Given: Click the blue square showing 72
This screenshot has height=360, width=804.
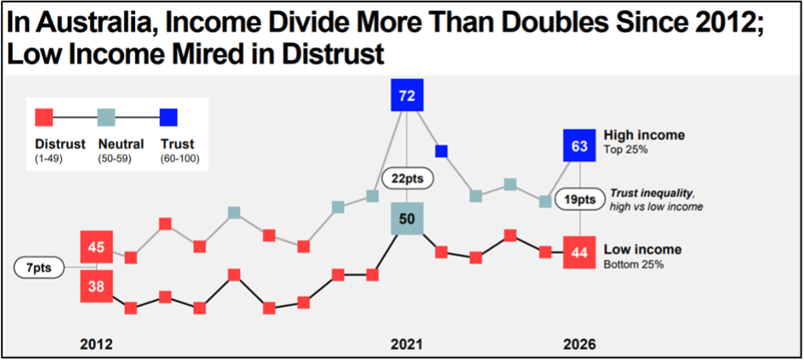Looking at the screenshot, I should (x=407, y=94).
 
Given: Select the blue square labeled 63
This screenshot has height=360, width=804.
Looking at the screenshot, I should (x=580, y=146).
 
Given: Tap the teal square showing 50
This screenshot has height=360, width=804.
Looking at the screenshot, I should (x=407, y=219).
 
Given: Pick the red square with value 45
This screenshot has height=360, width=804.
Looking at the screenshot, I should (x=97, y=247).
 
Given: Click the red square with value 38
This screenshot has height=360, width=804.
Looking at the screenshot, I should (x=97, y=286).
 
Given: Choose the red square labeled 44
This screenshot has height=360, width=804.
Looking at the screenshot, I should (x=580, y=251).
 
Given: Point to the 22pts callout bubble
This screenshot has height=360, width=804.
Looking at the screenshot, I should (x=408, y=178).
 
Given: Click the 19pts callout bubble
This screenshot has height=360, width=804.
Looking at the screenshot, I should (x=581, y=200).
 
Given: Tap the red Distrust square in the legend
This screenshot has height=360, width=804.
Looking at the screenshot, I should (x=44, y=117).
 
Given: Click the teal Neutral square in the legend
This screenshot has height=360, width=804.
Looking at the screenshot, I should (x=106, y=117).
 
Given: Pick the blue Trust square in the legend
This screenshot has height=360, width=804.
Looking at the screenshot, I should (x=168, y=117).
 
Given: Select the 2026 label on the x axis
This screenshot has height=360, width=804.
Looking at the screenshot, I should (x=580, y=346).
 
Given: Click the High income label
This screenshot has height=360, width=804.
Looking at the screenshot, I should (x=644, y=135).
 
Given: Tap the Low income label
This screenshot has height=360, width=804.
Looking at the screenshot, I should (x=642, y=250).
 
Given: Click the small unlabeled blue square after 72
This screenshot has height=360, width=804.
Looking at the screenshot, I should (x=441, y=151).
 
